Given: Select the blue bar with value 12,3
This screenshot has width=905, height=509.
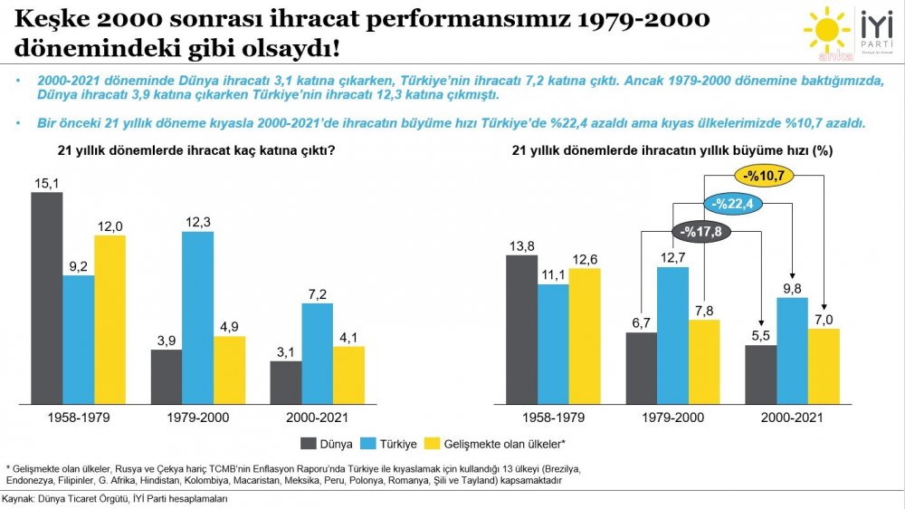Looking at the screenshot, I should tap(197, 317).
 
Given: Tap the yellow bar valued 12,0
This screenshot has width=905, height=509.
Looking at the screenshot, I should tap(110, 319).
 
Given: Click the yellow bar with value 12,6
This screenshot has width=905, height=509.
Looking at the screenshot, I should tap(585, 335).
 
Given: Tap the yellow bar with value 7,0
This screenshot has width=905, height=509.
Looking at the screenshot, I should tap(824, 365).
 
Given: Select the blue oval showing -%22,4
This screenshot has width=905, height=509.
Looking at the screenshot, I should tap(732, 205).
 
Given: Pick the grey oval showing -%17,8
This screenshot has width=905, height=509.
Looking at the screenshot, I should tap(701, 232).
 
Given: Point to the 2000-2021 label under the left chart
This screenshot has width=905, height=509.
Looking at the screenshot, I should tap(317, 418).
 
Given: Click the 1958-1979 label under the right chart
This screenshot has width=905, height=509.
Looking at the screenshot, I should tap(553, 418).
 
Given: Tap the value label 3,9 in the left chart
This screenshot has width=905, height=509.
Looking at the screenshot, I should tap(166, 340).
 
